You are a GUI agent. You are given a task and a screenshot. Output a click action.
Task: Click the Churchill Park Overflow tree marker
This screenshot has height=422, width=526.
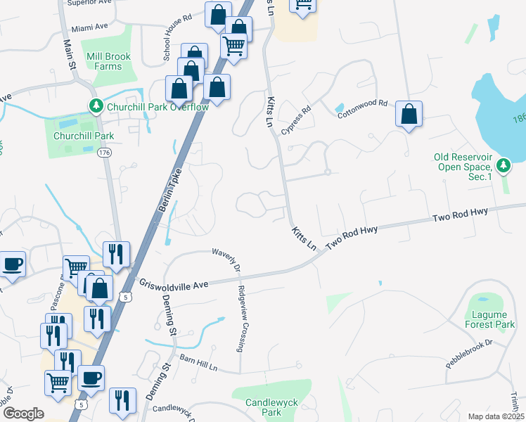pyautogui.click(x=96, y=106)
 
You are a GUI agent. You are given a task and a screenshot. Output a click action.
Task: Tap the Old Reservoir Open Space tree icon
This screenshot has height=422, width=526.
pyautogui.click(x=503, y=165)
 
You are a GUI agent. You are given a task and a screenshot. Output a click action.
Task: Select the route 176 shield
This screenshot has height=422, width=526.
pyautogui.click(x=105, y=152)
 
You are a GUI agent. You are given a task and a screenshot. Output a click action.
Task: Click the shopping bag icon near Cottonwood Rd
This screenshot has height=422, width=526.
pyautogui.click(x=409, y=114)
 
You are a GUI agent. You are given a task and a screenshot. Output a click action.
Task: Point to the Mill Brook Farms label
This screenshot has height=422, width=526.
pyautogui.click(x=103, y=61)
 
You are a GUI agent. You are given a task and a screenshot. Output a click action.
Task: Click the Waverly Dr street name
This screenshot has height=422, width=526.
pyautogui.click(x=226, y=257)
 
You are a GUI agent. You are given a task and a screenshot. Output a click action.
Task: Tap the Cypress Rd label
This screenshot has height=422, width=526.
pyautogui.click(x=295, y=120)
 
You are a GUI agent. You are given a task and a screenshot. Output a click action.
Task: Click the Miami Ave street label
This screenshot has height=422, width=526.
pyautogui.click(x=90, y=27)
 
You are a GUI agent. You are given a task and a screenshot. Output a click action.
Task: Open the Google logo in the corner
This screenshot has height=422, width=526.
pyautogui.click(x=23, y=413)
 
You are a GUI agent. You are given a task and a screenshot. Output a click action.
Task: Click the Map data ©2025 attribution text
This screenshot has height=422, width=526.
pyautogui.click(x=495, y=416)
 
